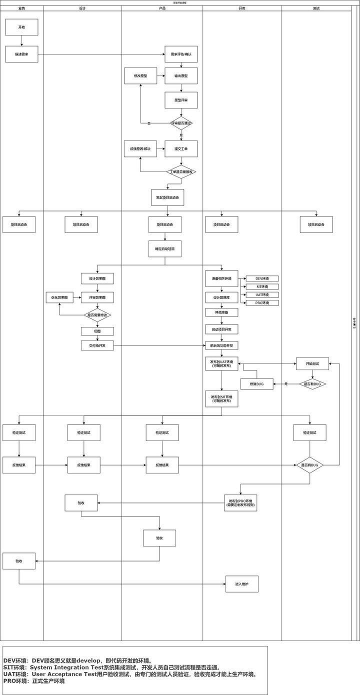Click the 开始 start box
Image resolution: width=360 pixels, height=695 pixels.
point(21,27)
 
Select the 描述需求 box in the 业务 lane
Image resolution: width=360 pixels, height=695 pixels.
point(21,54)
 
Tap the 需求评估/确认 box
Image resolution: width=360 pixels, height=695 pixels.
point(181,54)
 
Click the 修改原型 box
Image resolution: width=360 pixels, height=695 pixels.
point(140,76)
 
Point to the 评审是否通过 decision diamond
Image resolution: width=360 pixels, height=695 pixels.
point(181,123)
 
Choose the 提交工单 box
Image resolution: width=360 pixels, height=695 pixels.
point(181,148)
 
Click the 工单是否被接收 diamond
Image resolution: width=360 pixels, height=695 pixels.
point(181,172)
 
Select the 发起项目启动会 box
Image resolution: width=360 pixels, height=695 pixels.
point(167,197)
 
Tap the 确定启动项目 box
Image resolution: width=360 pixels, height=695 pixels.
point(164,248)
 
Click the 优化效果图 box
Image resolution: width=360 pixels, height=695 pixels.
point(59,297)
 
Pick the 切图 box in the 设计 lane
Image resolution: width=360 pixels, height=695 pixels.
point(97,331)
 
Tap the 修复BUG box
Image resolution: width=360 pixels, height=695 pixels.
point(256,384)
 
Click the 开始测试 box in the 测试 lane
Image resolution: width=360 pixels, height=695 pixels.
point(312,363)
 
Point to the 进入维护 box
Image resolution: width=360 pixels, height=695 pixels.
point(242,584)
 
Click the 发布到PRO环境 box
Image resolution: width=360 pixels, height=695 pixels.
point(240,502)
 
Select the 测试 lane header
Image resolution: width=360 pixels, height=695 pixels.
point(316,8)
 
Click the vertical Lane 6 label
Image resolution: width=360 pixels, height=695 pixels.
point(354,322)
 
